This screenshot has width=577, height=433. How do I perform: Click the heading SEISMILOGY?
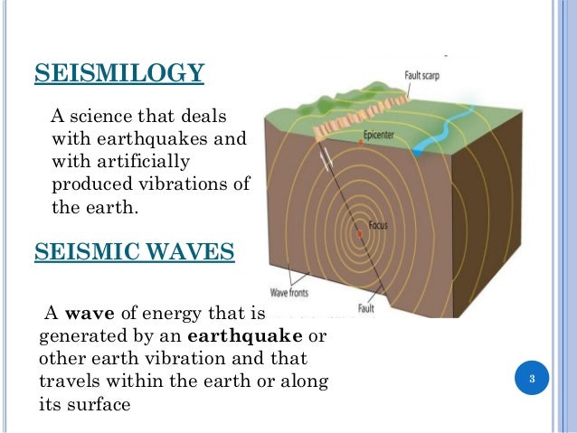pos(118,72)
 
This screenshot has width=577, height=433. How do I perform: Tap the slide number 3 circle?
pos(533,377)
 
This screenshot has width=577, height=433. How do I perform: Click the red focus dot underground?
pos(360,233)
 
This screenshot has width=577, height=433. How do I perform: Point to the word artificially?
pos(134,163)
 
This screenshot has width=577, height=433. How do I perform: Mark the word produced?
pos(90,185)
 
